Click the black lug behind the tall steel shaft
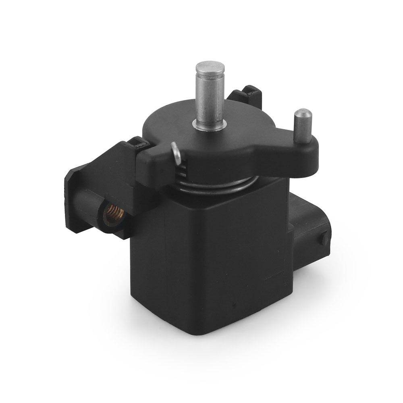(x=246, y=95)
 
